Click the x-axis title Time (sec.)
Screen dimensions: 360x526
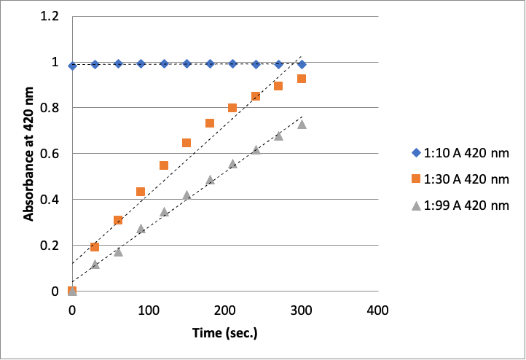225,333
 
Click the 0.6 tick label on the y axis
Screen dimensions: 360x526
48,154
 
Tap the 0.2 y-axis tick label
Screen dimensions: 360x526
48,246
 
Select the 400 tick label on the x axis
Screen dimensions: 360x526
377,310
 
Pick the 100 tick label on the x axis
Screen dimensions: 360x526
149,310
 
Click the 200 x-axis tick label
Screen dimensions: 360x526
224,310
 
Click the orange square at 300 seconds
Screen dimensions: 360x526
301,79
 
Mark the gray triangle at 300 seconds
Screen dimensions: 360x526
301,124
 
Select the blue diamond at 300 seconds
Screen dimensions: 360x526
301,65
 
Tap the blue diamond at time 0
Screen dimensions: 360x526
72,66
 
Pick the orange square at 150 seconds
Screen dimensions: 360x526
187,143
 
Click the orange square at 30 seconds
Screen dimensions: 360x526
95,247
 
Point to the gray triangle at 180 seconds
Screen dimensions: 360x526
210,179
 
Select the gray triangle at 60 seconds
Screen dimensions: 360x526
118,251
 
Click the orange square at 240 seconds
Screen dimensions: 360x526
256,96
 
